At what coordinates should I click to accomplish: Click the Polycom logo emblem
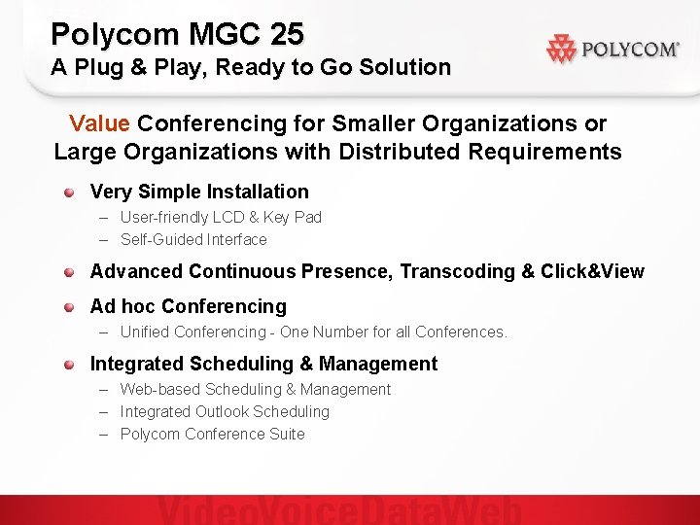[562, 49]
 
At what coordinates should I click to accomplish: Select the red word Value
[99, 123]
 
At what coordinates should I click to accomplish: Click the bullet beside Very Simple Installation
[70, 192]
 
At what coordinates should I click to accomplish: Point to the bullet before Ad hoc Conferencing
[70, 307]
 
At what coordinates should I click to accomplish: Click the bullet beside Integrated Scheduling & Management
[70, 365]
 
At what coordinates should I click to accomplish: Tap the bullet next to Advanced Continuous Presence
[70, 272]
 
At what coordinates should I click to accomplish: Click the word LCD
[226, 217]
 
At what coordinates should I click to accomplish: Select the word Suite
[287, 434]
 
